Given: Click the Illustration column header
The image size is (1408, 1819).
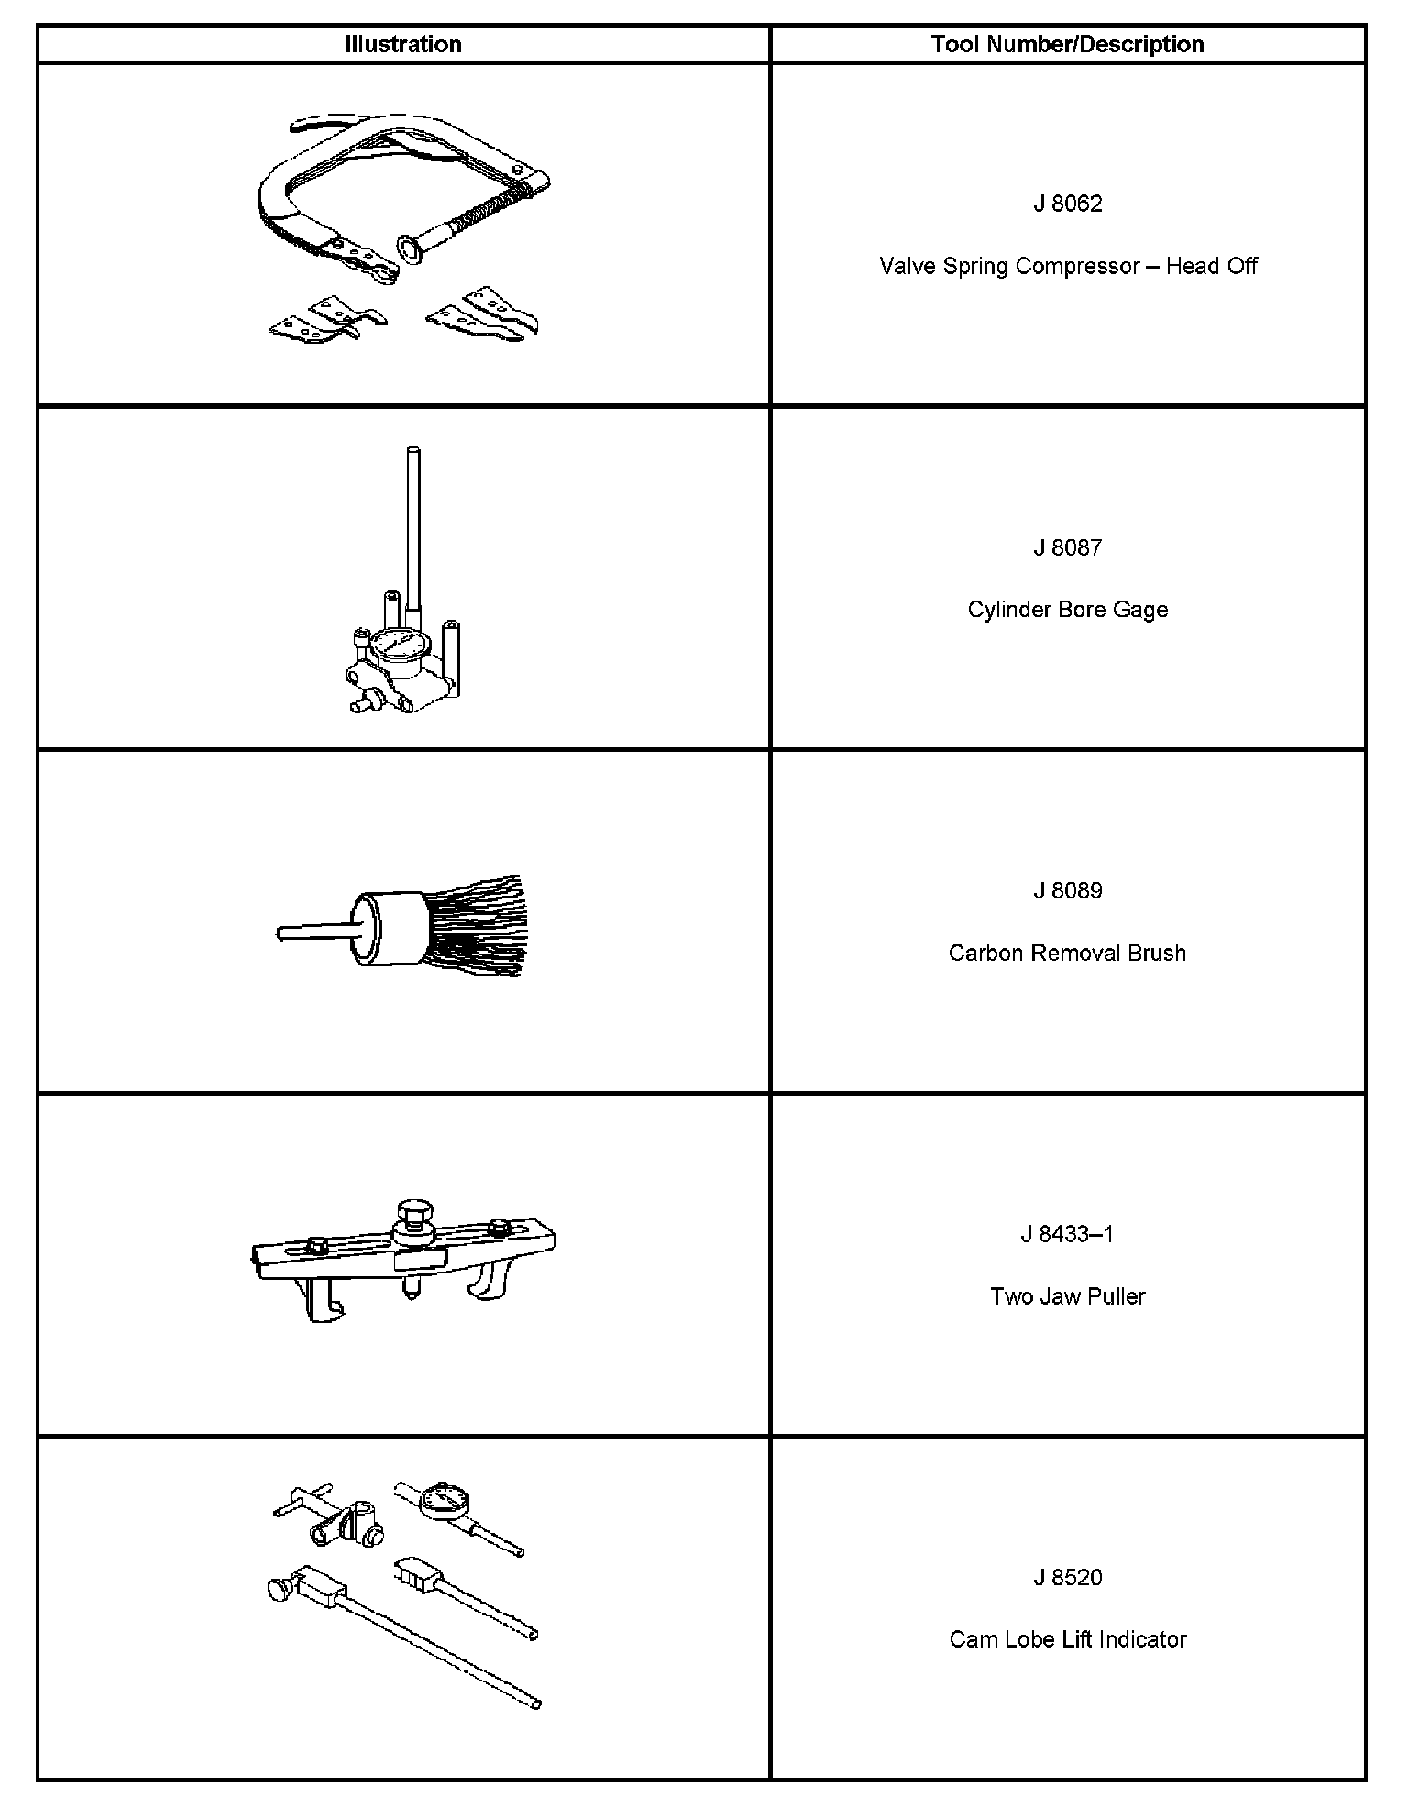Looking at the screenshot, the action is tap(403, 44).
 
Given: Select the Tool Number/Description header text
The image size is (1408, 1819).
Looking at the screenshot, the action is tap(1067, 44).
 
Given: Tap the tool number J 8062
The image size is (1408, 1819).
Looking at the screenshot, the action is tap(1067, 204).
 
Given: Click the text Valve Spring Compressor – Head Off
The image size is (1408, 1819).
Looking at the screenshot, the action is tap(1068, 266).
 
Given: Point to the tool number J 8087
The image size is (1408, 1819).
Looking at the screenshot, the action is tap(1067, 547).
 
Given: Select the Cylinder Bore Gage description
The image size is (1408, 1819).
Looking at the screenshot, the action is tap(1068, 610).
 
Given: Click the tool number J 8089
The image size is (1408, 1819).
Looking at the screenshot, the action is tap(1067, 890).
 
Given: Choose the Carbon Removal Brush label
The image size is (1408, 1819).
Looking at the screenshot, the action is tap(1067, 954).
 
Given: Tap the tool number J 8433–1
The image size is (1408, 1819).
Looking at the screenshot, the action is tap(1067, 1234).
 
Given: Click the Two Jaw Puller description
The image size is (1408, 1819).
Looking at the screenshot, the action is tap(1067, 1296).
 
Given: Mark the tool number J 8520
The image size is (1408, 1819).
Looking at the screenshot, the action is tap(1067, 1577).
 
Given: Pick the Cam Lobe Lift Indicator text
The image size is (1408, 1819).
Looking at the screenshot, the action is tap(1067, 1639).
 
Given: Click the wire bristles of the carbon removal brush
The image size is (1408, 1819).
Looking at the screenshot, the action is tap(477, 926).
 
